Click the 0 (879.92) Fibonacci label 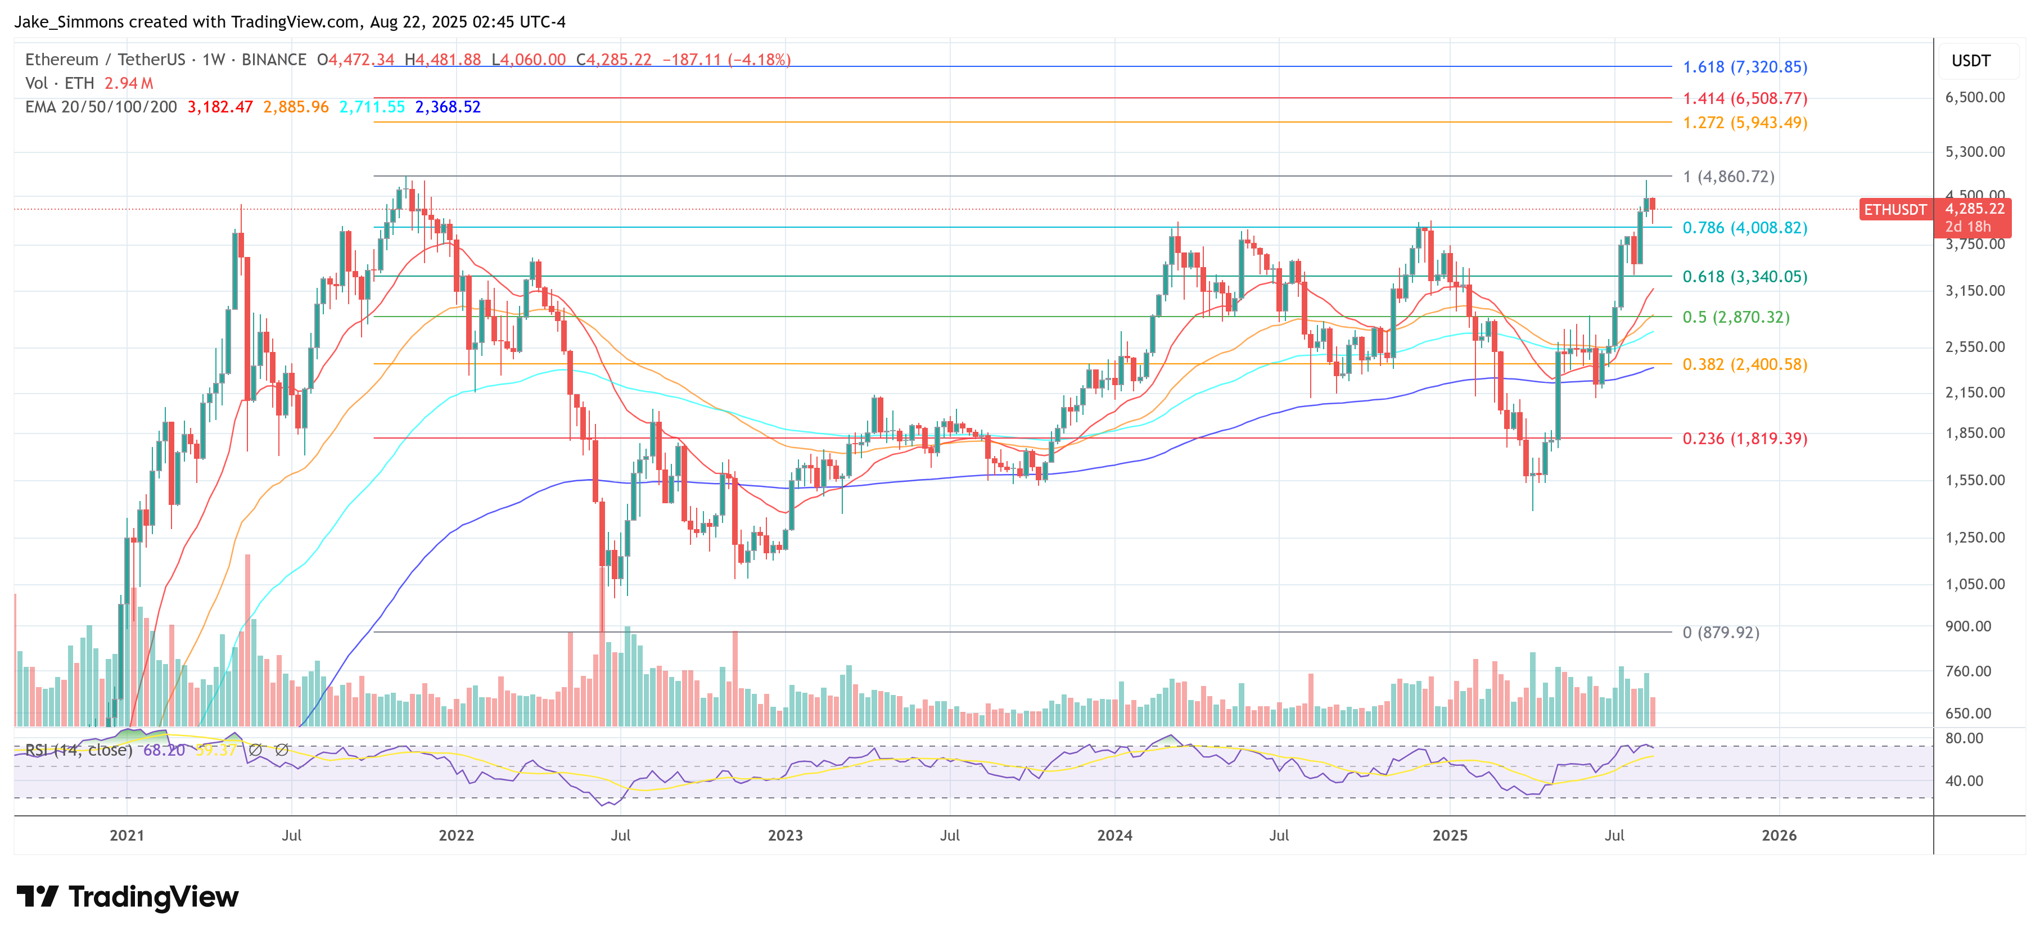tap(1720, 633)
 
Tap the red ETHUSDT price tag tap(1894, 210)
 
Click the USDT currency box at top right tap(1970, 61)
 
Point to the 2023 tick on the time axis tap(785, 836)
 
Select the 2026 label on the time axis tap(1779, 836)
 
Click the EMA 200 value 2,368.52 tap(448, 107)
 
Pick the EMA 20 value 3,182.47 tap(220, 107)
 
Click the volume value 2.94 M tap(128, 83)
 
